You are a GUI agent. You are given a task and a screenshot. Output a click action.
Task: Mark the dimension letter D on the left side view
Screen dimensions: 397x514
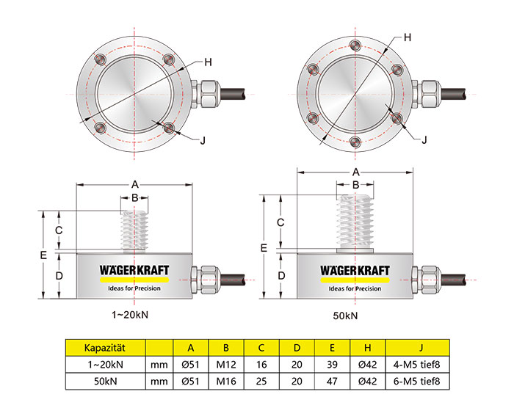(62, 276)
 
